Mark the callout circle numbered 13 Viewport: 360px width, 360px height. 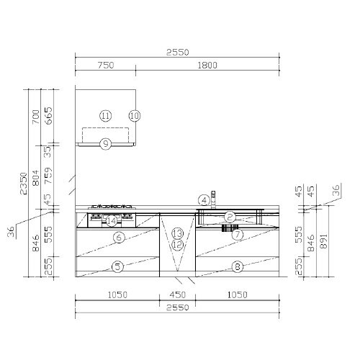click(x=178, y=233)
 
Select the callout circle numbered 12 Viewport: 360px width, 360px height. click(x=178, y=245)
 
